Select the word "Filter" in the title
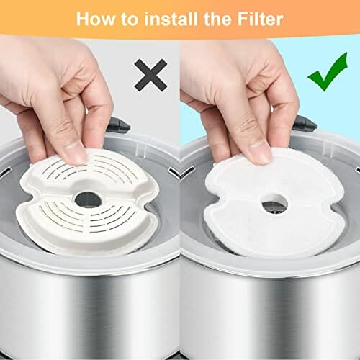[260, 19]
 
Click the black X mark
[150, 75]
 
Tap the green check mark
[328, 72]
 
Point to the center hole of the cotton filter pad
[274, 204]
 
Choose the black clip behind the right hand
[305, 125]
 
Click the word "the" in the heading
[218, 19]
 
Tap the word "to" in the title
[130, 19]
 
